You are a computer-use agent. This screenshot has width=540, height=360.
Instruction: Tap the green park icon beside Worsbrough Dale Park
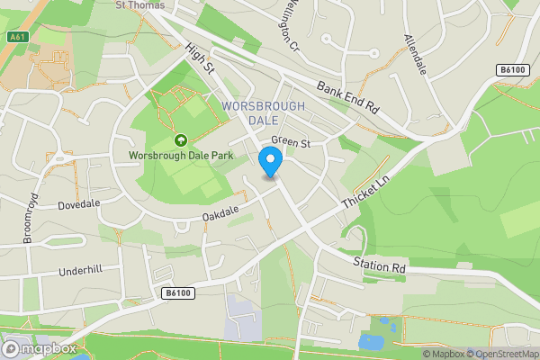(x=181, y=139)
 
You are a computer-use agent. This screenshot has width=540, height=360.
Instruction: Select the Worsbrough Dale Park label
(x=180, y=155)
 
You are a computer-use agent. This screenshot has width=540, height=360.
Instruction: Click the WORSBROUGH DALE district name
(x=263, y=113)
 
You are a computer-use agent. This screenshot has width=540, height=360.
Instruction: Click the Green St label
(x=290, y=142)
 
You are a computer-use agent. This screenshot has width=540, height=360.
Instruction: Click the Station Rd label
(x=380, y=267)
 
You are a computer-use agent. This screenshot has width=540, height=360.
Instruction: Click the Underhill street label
(x=82, y=271)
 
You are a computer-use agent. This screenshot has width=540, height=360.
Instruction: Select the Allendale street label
(x=416, y=55)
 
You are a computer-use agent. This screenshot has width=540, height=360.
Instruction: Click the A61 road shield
(x=17, y=37)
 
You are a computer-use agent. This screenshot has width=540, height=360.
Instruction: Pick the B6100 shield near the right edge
(x=510, y=69)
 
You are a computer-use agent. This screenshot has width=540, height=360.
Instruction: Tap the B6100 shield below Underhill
(x=178, y=293)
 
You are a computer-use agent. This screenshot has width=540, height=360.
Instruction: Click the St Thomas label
(x=141, y=5)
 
